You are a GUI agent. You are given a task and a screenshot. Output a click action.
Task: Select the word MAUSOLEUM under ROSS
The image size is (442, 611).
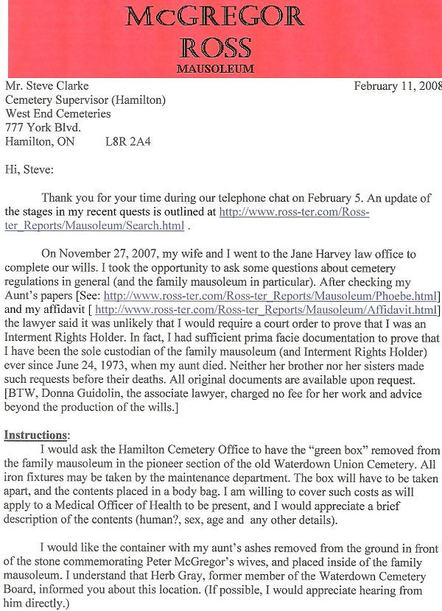point(216,69)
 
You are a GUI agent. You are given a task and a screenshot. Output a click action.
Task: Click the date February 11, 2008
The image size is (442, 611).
point(397,85)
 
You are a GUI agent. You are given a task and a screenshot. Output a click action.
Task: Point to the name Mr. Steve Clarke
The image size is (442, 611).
point(47,86)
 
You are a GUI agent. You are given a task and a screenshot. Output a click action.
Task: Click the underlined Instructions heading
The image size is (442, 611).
point(37,435)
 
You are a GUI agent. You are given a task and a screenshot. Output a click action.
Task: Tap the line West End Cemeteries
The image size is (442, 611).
point(58,114)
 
